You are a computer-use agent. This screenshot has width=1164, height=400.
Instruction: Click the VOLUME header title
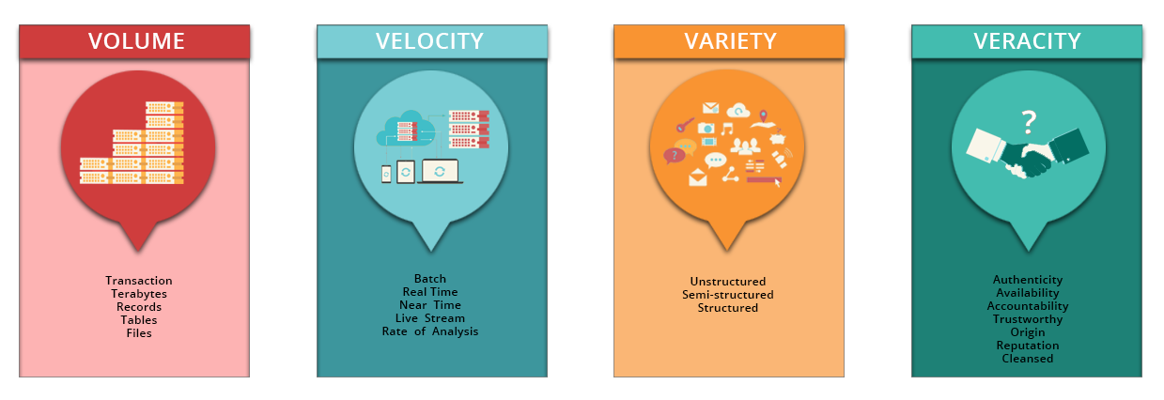click(x=136, y=41)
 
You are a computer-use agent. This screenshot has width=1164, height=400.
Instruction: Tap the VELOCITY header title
click(x=429, y=41)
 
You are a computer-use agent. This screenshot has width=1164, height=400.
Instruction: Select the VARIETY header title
click(x=730, y=41)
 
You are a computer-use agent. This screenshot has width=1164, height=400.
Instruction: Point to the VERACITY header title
click(x=1027, y=41)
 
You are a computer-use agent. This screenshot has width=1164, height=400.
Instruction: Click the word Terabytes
click(x=139, y=294)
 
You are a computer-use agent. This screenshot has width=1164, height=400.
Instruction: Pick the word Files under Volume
click(x=139, y=333)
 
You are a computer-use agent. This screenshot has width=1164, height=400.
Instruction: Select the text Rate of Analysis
click(x=430, y=331)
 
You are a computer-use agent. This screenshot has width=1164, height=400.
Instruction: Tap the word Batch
click(x=430, y=279)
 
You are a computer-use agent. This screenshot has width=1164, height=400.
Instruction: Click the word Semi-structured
click(x=728, y=295)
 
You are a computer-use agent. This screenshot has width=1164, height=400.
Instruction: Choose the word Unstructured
click(x=728, y=282)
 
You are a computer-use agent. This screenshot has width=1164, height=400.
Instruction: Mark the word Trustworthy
click(x=1028, y=319)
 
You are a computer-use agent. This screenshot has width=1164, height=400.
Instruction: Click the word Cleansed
click(x=1028, y=359)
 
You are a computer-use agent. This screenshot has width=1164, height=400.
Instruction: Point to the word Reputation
click(x=1028, y=346)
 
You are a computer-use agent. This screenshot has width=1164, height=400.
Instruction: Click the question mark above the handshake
click(x=1029, y=120)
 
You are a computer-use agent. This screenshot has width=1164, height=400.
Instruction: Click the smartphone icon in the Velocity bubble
click(x=386, y=174)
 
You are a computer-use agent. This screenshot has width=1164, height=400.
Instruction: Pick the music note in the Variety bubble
click(x=726, y=128)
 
